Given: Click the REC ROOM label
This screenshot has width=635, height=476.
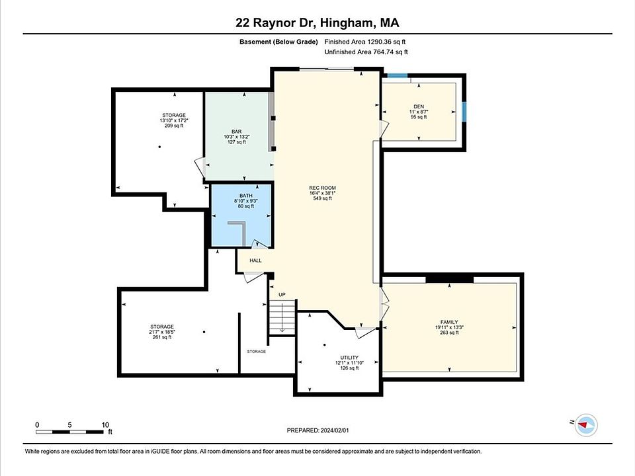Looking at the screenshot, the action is click(x=322, y=188).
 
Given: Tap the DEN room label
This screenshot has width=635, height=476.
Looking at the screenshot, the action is click(x=419, y=106).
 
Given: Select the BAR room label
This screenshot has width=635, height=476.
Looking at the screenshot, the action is click(x=237, y=132).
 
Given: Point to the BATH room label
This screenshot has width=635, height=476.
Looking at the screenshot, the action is click(x=246, y=196).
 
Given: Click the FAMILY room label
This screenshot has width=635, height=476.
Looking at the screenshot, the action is click(x=449, y=322).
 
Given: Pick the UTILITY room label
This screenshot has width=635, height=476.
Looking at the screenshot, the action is click(x=349, y=358).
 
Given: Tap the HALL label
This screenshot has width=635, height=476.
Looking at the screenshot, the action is click(x=255, y=260).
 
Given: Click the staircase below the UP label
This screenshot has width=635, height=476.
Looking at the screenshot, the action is click(x=282, y=317).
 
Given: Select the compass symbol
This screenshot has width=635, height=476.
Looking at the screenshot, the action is click(x=585, y=425).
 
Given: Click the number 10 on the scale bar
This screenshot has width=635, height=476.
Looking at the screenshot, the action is click(x=105, y=425).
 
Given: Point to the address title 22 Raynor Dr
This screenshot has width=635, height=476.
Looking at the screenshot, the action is click(x=275, y=22).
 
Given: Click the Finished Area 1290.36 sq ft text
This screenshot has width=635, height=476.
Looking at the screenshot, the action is click(x=365, y=42).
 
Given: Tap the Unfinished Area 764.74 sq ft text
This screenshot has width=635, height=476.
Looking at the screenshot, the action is click(x=366, y=52).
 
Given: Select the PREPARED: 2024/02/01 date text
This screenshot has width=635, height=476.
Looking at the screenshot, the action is click(x=317, y=430).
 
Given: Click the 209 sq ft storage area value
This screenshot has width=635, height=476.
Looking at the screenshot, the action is click(x=174, y=126).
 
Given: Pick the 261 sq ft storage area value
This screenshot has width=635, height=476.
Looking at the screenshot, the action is click(x=162, y=337).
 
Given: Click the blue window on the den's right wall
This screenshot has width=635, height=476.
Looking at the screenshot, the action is click(x=464, y=112).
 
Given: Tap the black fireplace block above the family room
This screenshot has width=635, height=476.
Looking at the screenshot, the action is click(x=450, y=278).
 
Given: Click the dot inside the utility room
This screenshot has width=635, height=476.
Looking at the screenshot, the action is click(x=325, y=345).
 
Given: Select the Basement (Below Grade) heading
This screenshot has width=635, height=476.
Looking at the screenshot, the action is click(x=278, y=42).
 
